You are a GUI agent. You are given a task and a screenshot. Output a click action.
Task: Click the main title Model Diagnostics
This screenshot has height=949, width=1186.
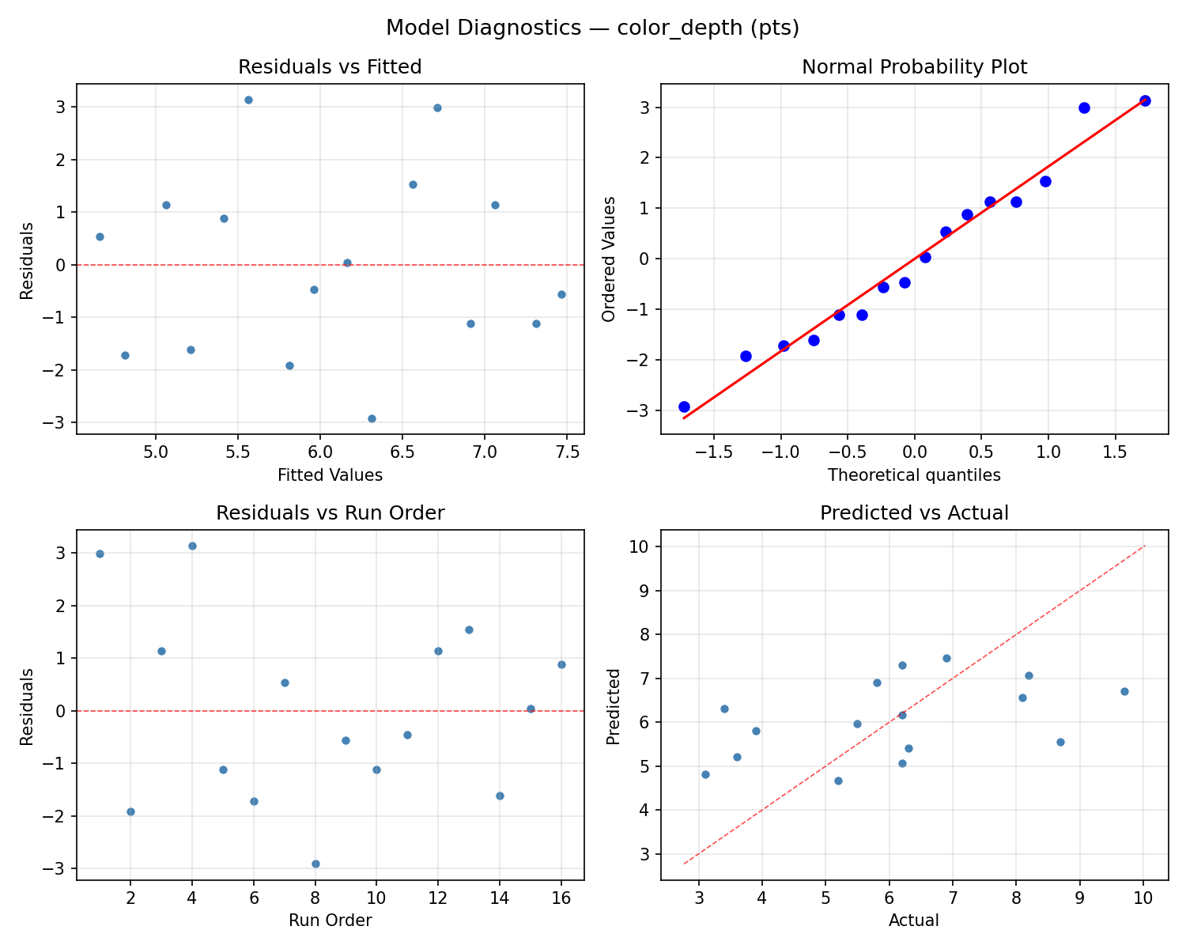592,28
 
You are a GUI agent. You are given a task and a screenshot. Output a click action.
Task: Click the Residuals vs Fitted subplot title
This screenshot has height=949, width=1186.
330,67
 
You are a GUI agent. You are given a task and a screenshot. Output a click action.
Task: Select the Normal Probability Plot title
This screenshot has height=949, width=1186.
914,67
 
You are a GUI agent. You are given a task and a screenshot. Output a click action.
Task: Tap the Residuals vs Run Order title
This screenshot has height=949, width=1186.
330,513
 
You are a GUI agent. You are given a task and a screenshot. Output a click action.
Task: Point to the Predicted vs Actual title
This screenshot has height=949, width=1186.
914,513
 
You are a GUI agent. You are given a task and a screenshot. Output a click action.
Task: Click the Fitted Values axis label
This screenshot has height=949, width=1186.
330,475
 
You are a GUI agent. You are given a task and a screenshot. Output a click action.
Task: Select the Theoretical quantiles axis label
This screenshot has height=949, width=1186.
914,475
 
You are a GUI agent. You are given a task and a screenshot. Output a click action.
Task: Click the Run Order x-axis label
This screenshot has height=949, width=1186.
330,921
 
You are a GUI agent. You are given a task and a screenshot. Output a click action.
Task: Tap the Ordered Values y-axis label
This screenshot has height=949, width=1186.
608,259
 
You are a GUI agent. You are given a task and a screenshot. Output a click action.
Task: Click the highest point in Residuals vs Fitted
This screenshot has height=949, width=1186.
248,100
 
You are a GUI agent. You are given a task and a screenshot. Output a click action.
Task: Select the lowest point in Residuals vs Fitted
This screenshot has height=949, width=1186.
372,418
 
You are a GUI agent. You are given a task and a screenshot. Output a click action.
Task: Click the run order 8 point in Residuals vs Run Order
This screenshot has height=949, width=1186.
315,864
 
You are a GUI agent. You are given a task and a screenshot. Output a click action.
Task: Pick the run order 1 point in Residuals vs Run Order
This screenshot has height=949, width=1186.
100,554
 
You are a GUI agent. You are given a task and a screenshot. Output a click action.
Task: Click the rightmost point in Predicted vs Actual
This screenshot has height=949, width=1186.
1124,691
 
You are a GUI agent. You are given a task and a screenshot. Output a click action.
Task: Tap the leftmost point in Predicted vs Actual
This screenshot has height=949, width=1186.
705,774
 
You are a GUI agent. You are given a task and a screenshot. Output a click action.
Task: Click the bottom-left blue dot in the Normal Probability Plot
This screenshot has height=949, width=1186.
684,406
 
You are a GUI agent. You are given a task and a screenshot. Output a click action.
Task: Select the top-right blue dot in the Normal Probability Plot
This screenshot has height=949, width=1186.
1145,100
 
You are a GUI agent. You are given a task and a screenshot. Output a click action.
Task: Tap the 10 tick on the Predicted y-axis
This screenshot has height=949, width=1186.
642,546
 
